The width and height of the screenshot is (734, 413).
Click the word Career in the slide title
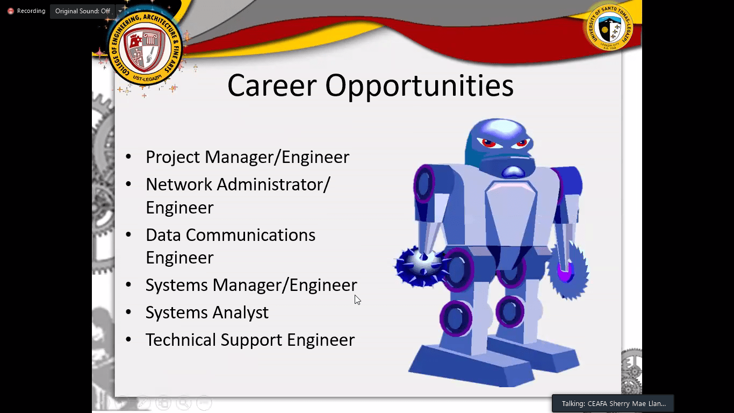(272, 86)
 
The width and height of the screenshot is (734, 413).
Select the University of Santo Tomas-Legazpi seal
(609, 27)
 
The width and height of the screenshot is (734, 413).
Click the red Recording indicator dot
(11, 11)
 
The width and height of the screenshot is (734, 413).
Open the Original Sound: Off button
(83, 11)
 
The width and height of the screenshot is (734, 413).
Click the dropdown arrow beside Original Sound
(120, 11)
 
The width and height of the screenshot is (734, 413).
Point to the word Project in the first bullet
(172, 157)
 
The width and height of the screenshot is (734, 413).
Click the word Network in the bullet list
(179, 184)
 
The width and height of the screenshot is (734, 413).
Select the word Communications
(250, 235)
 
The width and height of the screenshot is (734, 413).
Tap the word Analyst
(240, 312)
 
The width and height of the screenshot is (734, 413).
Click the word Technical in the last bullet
(181, 339)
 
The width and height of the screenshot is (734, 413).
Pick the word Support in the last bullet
(251, 340)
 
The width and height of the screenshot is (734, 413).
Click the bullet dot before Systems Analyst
(128, 312)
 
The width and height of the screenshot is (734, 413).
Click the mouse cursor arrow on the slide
(357, 300)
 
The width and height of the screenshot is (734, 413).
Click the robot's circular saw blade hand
(569, 270)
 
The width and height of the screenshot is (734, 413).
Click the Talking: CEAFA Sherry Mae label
(614, 403)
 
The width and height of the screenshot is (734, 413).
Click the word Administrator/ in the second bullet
(274, 184)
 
